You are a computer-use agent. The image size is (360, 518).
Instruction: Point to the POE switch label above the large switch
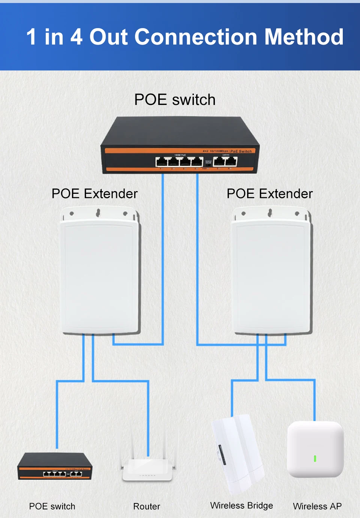(175, 100)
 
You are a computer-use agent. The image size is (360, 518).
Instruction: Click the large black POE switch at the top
(180, 146)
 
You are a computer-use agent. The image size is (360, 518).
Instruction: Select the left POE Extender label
(94, 194)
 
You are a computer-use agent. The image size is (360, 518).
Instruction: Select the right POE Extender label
(270, 194)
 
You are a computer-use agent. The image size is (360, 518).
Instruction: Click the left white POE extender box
(100, 274)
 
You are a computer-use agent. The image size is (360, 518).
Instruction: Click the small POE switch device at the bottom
(55, 467)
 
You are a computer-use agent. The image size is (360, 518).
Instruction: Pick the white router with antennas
(147, 470)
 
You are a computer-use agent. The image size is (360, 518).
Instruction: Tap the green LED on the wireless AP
(315, 458)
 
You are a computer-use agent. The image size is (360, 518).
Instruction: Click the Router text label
(147, 506)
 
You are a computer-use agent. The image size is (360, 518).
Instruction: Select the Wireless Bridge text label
(241, 506)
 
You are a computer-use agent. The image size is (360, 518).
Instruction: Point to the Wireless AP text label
(317, 506)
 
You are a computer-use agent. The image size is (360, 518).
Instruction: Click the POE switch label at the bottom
(52, 506)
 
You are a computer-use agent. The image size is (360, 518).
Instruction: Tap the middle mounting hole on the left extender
(98, 213)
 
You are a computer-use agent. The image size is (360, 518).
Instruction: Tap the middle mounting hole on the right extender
(270, 213)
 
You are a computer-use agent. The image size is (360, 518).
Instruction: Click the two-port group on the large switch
(225, 161)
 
